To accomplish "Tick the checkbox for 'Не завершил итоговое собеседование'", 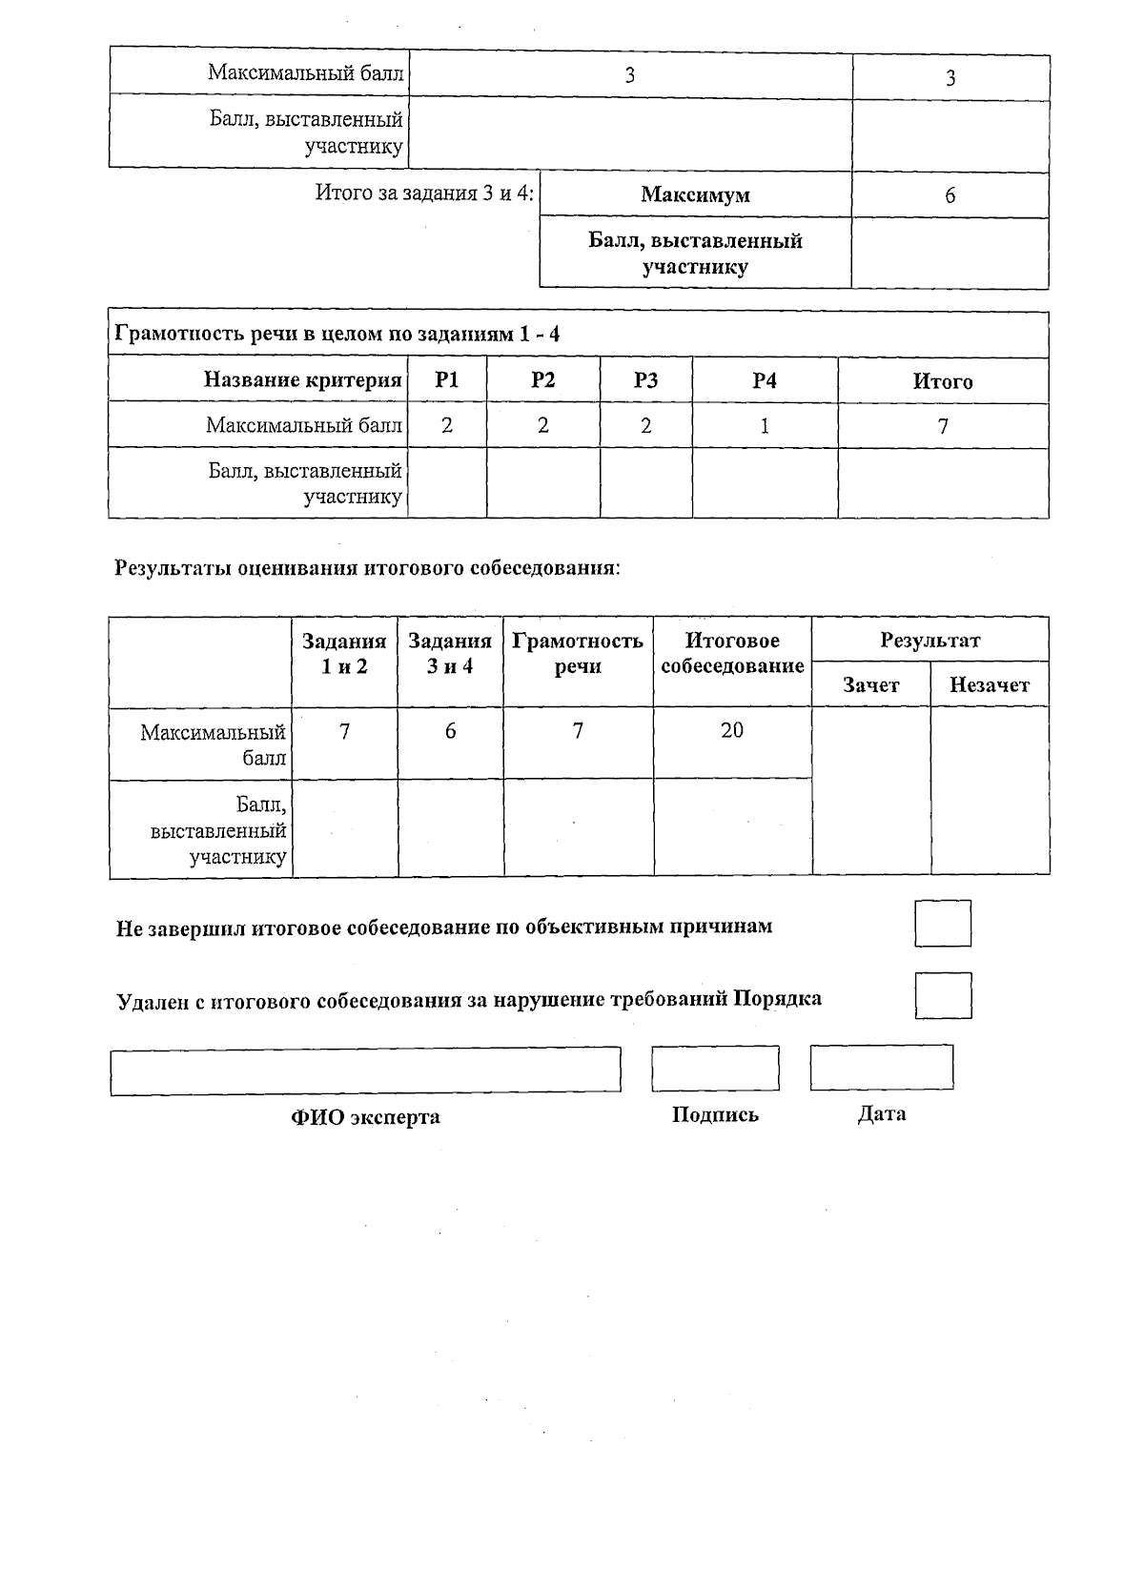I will pyautogui.click(x=942, y=923).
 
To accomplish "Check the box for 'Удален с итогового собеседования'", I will pyautogui.click(x=942, y=995).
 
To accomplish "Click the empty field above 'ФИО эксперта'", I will pyautogui.click(x=365, y=1070).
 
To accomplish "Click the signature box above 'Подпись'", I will pyautogui.click(x=715, y=1068).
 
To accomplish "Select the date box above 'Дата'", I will pyautogui.click(x=881, y=1067).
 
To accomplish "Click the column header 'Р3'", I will pyautogui.click(x=645, y=380).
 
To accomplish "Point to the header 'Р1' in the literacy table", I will pyautogui.click(x=446, y=380).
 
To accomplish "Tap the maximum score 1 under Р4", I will pyautogui.click(x=764, y=426).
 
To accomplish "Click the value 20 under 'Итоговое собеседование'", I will pyautogui.click(x=731, y=730).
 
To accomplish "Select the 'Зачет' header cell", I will pyautogui.click(x=870, y=684).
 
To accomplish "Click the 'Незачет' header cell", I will pyautogui.click(x=989, y=684).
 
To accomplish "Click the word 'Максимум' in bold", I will pyautogui.click(x=695, y=195).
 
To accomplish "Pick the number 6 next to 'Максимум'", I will pyautogui.click(x=950, y=195).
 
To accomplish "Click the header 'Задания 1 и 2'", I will pyautogui.click(x=344, y=653).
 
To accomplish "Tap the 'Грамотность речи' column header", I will pyautogui.click(x=577, y=653).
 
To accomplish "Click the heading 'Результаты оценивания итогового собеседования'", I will pyautogui.click(x=367, y=569).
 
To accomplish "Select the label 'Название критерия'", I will pyautogui.click(x=302, y=380).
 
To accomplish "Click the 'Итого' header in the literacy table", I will pyautogui.click(x=942, y=381).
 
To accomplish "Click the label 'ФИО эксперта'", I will pyautogui.click(x=365, y=1117).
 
